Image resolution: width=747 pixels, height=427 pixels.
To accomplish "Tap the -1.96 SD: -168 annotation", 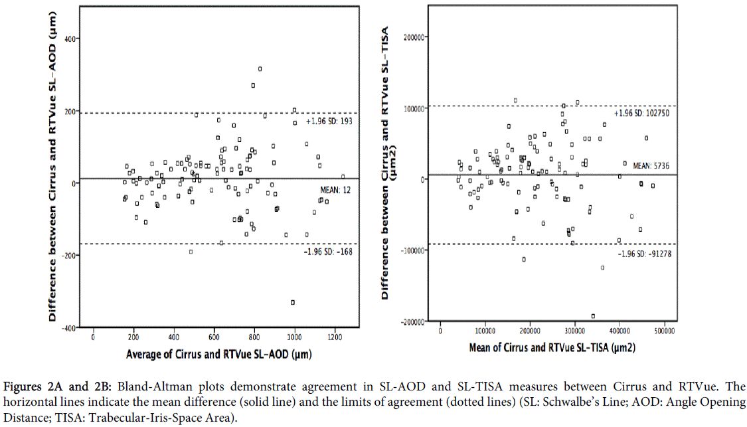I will (x=328, y=252).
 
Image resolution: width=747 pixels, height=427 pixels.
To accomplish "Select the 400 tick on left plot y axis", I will (x=68, y=38).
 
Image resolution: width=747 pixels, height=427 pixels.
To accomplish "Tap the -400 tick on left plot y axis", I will (x=67, y=327).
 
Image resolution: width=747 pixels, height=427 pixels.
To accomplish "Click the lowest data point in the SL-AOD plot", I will (x=293, y=302).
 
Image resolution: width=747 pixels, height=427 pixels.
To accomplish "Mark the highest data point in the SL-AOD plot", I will (x=260, y=69).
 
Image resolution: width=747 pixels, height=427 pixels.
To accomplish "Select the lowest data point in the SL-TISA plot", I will (x=593, y=316).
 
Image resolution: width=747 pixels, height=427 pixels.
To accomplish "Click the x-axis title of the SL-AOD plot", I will (x=219, y=354).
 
